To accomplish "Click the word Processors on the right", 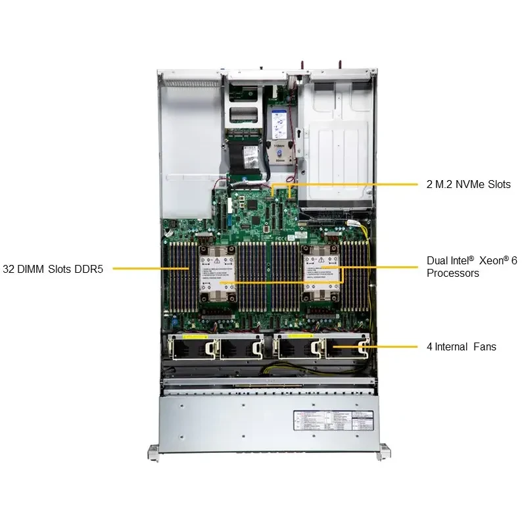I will pyautogui.click(x=453, y=273).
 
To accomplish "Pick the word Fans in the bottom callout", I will pyautogui.click(x=485, y=346).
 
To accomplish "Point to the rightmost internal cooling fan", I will pyautogui.click(x=344, y=346).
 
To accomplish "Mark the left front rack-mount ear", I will pyautogui.click(x=153, y=452).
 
